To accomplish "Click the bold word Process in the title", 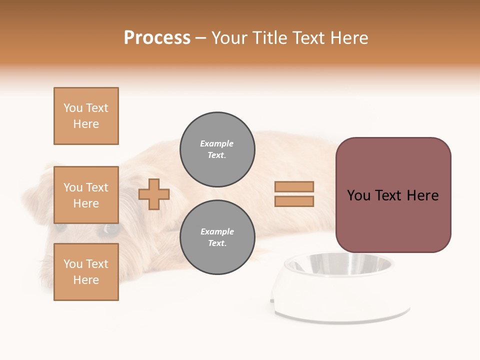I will pos(157,38).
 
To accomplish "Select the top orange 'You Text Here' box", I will pos(86,116).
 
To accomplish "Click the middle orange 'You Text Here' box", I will pos(86,195).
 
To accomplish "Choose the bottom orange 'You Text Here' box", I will pos(86,272).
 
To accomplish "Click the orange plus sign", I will pos(154,194).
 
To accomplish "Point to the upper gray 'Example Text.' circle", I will pos(217,149).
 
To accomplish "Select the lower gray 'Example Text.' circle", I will pos(217,237).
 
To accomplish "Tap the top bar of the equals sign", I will pos(294,186).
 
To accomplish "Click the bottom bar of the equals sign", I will pos(294,201).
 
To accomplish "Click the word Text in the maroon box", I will pos(392,195).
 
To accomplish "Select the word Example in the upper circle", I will pos(217,143).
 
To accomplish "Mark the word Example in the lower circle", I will pos(217,231).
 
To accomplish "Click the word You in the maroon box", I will pos(359,195).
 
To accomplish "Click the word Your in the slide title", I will pos(229,38).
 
